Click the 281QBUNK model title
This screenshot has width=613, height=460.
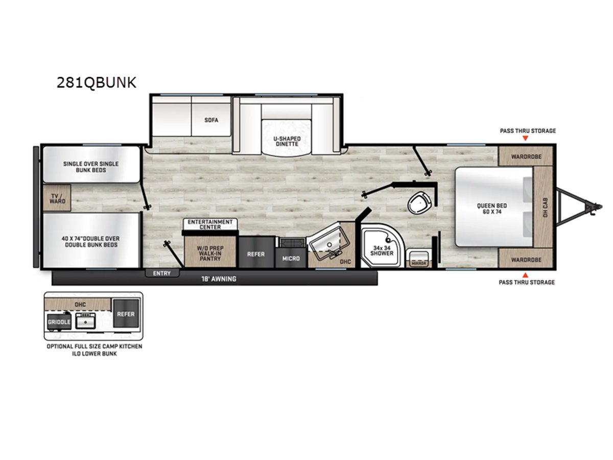tap(97, 82)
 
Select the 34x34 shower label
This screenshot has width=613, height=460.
tap(382, 250)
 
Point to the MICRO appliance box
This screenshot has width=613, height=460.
tap(291, 258)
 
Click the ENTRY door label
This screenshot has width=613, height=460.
tap(162, 273)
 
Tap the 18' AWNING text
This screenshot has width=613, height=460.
tap(219, 279)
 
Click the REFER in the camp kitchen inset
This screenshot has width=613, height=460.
tap(126, 313)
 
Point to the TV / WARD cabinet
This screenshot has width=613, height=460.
tap(57, 198)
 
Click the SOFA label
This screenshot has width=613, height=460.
tap(211, 120)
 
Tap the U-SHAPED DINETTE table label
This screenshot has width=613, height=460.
tap(287, 141)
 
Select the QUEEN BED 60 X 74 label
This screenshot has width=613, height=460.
tap(492, 209)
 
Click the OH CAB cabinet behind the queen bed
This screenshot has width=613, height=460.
tap(543, 207)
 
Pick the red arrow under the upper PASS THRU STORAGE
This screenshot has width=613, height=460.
tap(525, 137)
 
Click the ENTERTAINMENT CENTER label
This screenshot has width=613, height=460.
tap(210, 224)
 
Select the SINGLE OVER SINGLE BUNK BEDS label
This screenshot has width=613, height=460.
tap(91, 167)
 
